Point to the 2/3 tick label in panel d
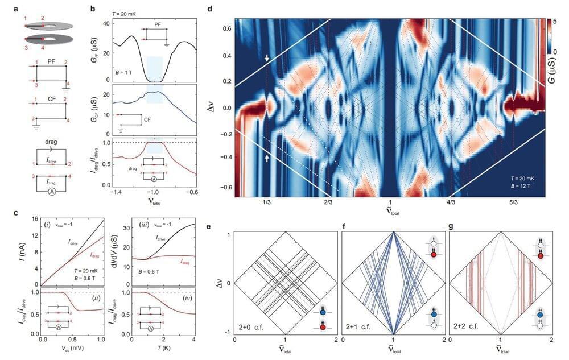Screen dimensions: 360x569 [328, 204]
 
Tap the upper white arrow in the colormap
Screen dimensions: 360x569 [267, 58]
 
